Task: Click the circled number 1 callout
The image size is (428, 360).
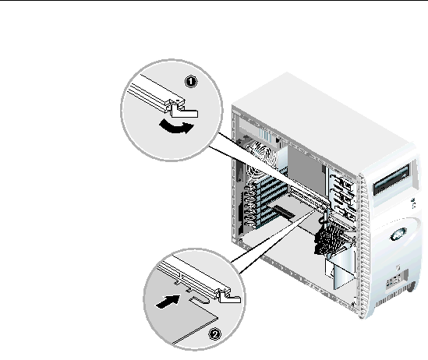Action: pos(191,82)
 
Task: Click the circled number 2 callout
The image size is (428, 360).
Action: pos(215,334)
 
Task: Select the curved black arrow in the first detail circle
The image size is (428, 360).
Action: pos(176,127)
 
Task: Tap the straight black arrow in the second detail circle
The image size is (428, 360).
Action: pos(168,302)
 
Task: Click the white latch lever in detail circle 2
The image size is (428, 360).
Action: pos(228,296)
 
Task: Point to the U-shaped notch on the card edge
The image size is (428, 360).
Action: pos(200,300)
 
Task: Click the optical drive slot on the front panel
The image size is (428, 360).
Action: pos(391,180)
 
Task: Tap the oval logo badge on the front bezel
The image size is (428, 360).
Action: pos(399,234)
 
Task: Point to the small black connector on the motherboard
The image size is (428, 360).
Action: pos(284,212)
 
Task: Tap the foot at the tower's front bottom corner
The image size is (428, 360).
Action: pos(412,287)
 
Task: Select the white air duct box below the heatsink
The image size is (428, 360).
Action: pos(341,269)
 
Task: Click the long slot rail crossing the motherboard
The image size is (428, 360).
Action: pos(310,197)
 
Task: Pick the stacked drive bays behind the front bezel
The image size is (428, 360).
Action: pos(342,193)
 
